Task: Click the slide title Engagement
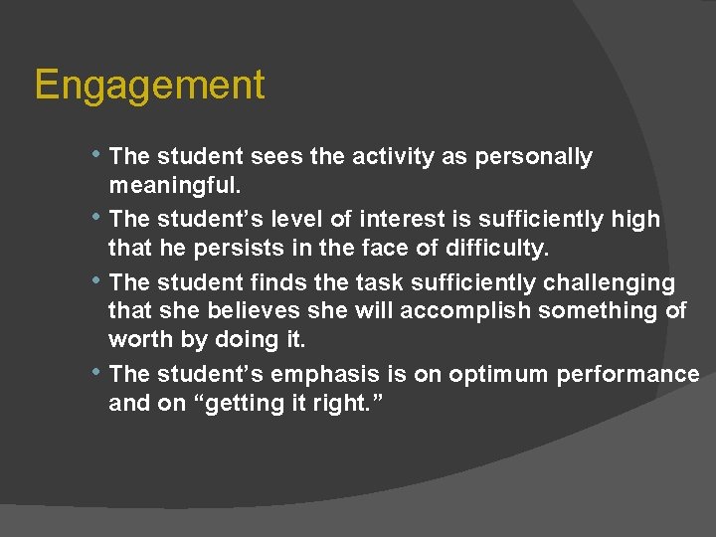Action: (x=149, y=86)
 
